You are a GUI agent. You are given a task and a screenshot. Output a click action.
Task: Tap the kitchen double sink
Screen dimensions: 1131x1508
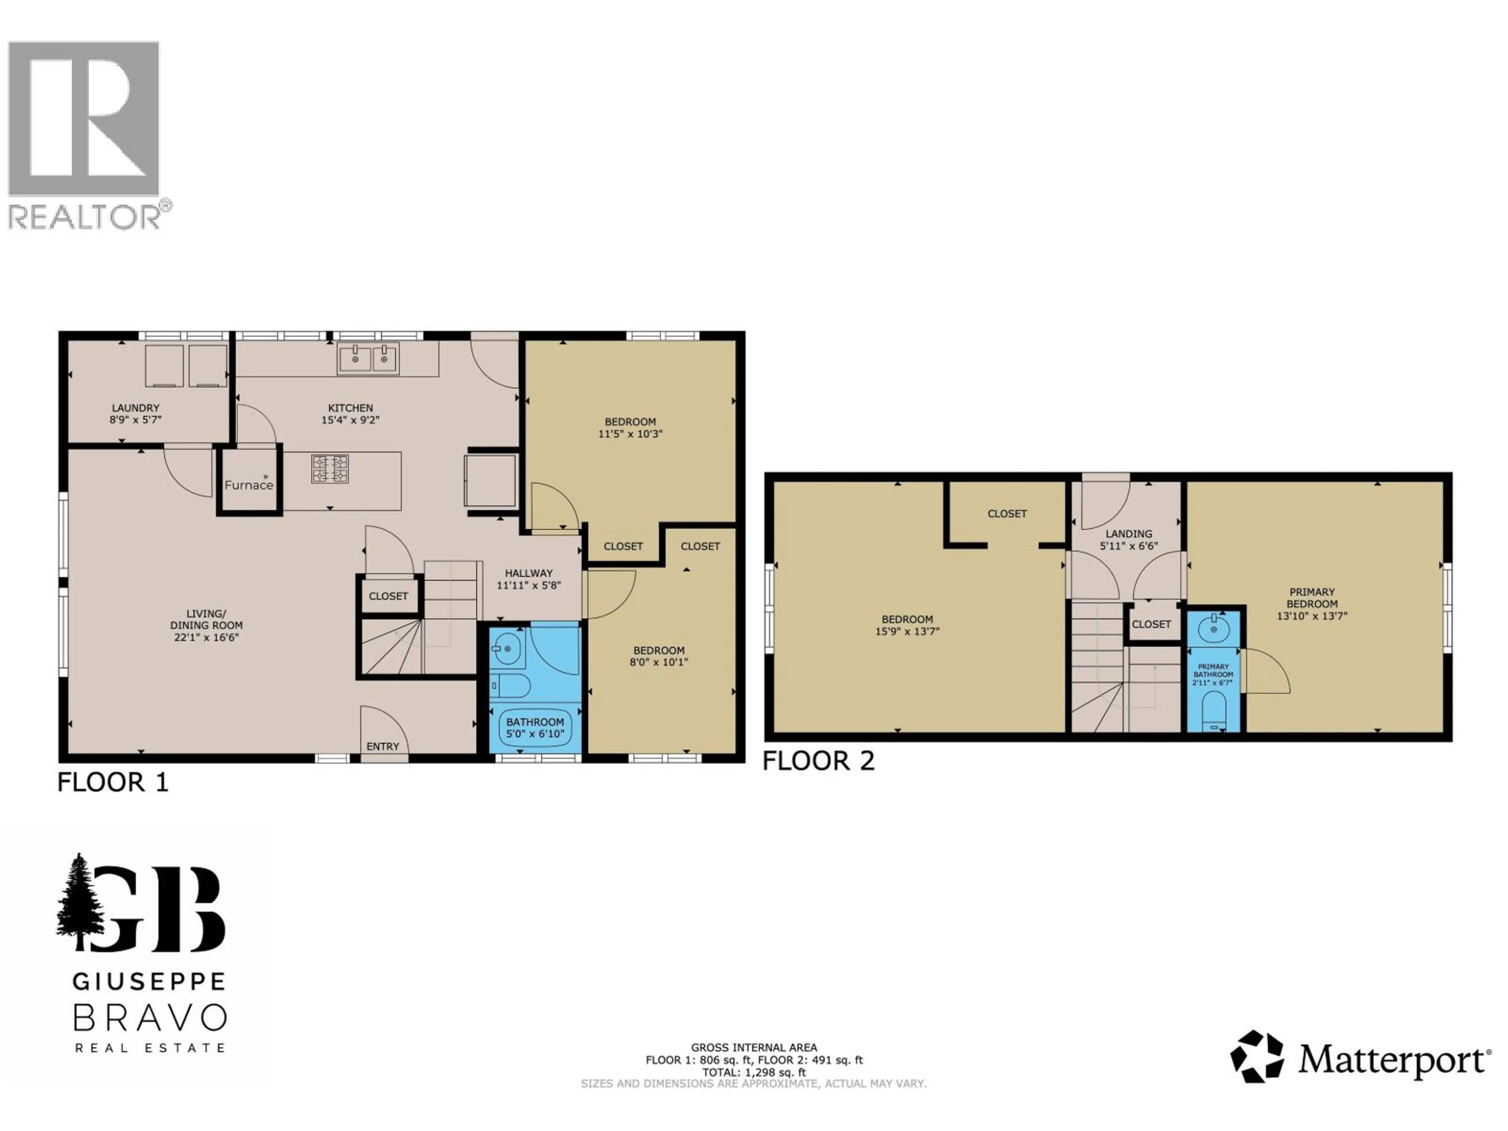click(368, 359)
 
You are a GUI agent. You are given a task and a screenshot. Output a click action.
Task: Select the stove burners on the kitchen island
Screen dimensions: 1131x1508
click(330, 469)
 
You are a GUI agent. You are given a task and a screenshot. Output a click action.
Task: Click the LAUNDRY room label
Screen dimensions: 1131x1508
click(135, 408)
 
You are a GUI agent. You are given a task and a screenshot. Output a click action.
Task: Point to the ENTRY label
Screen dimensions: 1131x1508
click(382, 747)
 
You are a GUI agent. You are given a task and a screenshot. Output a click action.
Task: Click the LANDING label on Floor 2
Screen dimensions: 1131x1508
click(1129, 534)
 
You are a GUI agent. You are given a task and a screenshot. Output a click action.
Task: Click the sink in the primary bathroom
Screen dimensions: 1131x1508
click(1213, 629)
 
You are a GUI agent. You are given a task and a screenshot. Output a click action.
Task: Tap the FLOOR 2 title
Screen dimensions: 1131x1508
click(818, 761)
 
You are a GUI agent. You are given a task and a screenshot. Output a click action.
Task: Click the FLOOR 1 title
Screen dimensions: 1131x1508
click(112, 782)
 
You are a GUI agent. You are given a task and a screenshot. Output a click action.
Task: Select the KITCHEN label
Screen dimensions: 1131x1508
click(350, 408)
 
